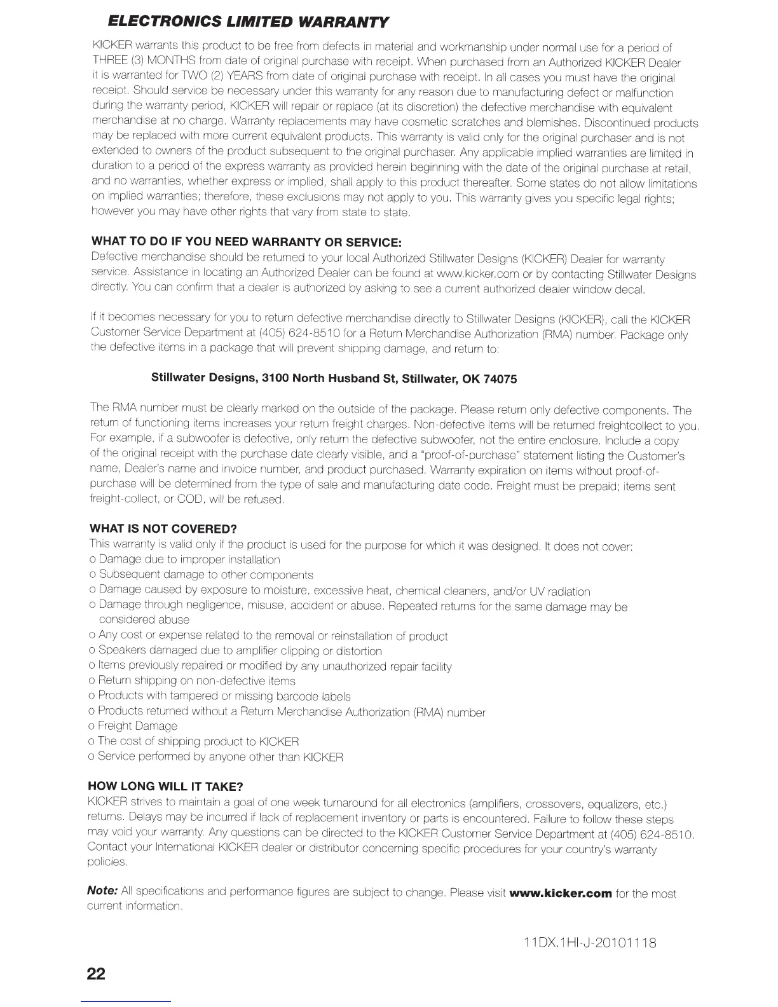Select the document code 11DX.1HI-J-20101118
tap(587, 942)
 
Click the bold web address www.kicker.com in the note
tap(565, 893)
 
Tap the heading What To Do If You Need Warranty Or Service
tap(247, 242)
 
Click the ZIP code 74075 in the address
tap(500, 380)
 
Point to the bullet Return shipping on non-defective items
tap(196, 681)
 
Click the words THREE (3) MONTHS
tap(145, 63)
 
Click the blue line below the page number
tap(126, 1002)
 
